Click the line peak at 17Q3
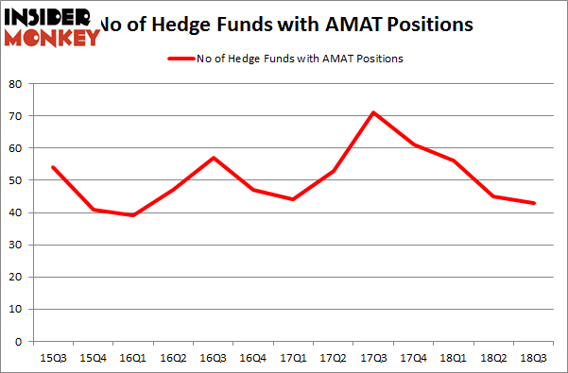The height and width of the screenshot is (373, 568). [347, 112]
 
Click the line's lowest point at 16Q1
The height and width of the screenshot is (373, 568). [131, 215]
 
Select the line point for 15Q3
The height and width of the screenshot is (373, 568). [52, 167]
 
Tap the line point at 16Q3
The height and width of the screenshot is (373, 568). [213, 158]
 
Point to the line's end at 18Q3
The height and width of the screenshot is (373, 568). [533, 203]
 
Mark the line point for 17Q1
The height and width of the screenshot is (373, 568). [293, 199]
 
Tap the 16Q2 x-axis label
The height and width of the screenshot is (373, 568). [172, 359]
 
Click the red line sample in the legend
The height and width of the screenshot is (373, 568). [181, 59]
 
